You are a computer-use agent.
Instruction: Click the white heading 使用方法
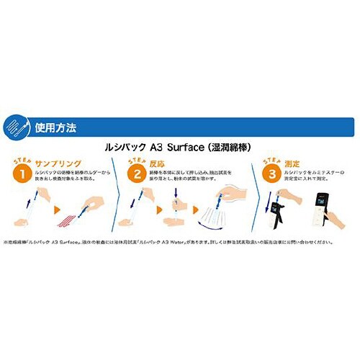(62, 128)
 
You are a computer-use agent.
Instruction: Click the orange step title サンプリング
(59, 165)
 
